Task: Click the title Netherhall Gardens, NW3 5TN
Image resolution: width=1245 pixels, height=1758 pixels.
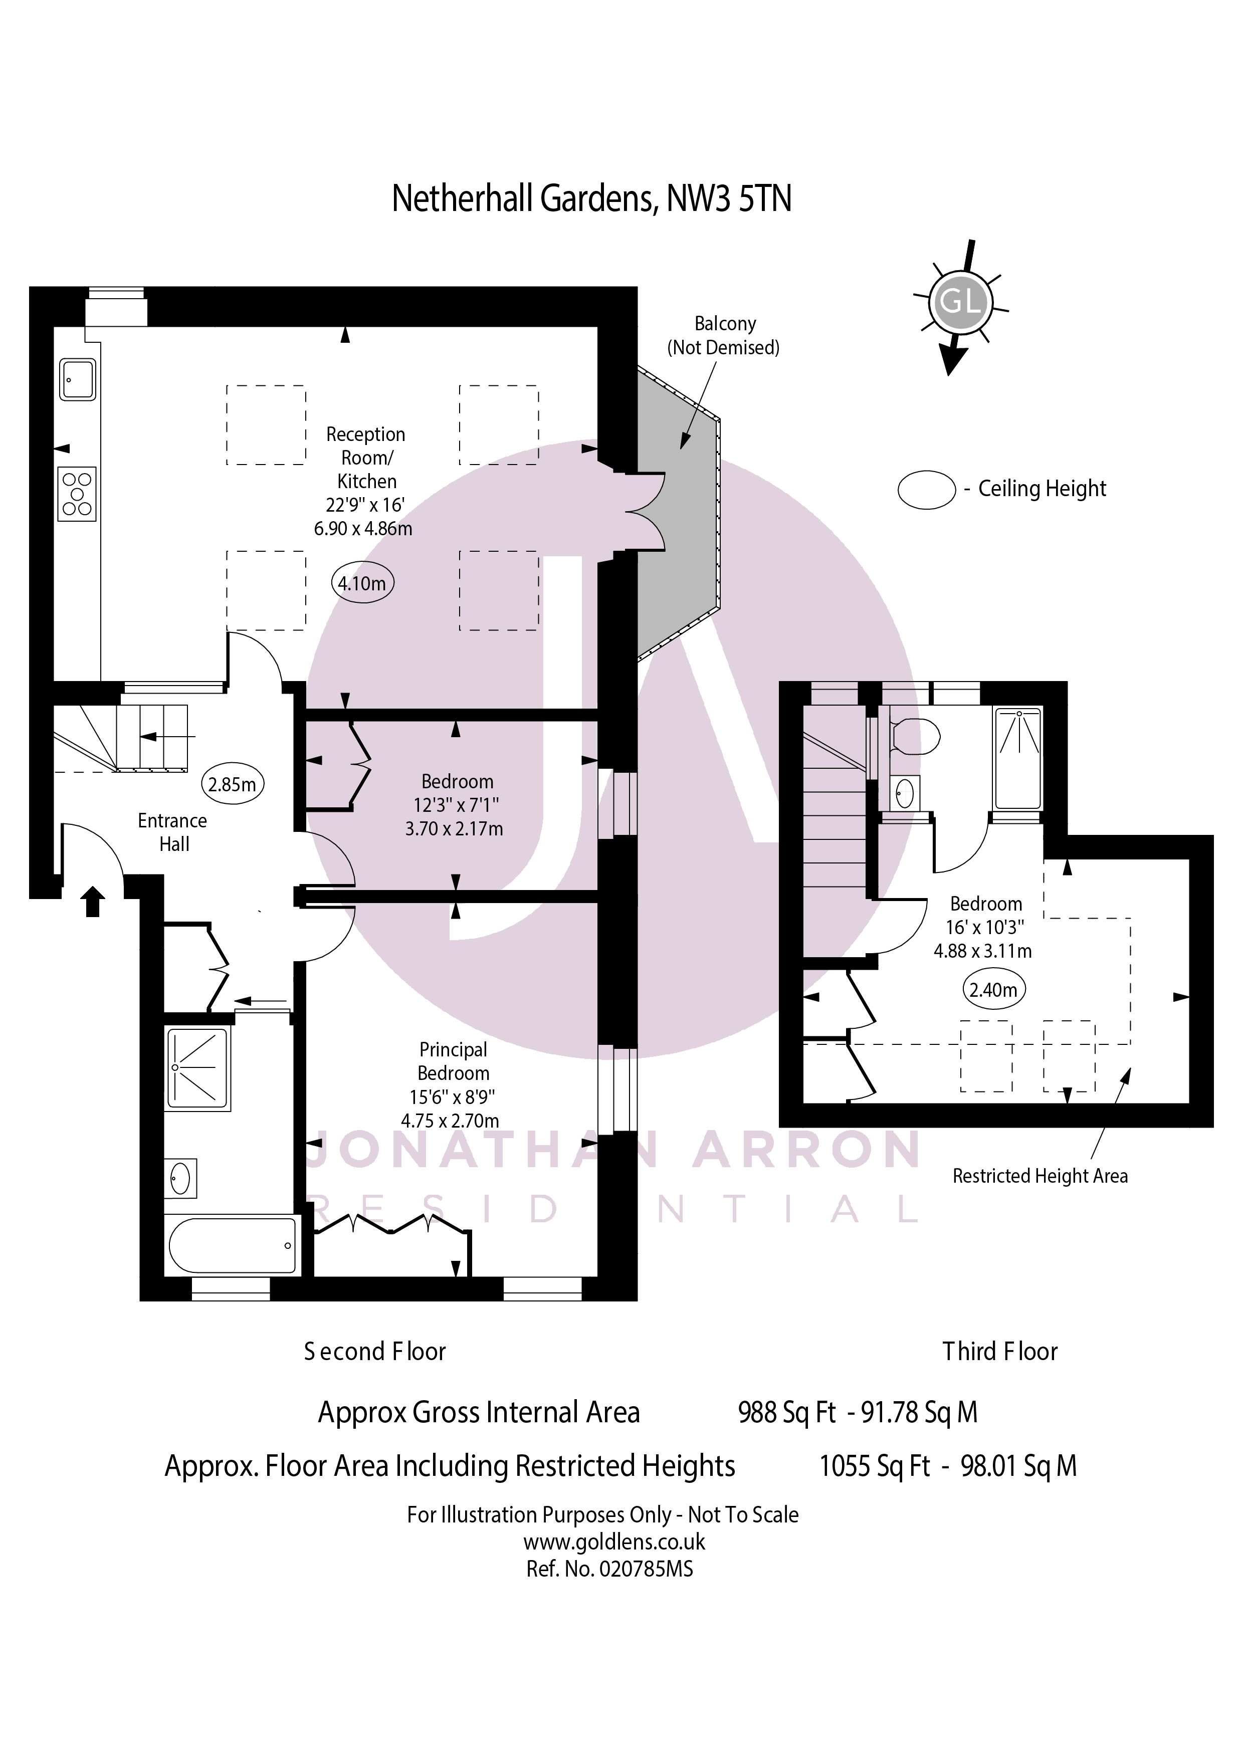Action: pos(591,198)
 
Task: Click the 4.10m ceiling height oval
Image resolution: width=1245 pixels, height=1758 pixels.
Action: pos(362,584)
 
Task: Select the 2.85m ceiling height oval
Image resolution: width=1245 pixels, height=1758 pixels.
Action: pos(232,784)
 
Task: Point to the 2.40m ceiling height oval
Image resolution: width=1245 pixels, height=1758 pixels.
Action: pos(993,989)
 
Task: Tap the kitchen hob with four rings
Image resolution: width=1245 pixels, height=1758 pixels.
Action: pos(77,494)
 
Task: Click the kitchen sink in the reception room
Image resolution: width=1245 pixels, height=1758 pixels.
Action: pos(78,379)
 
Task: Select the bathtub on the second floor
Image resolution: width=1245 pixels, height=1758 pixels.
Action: pos(232,1245)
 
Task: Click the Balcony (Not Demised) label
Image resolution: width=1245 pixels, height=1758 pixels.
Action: pos(724,336)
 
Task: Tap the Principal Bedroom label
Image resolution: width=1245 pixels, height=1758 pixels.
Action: pos(453,1061)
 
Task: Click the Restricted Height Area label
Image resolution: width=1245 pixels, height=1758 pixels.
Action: pos(1040,1176)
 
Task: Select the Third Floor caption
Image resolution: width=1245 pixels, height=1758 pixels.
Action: pos(1000,1351)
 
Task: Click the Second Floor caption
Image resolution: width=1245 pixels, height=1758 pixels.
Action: pos(375,1351)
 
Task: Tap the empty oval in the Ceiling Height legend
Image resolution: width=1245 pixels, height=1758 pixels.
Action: pos(926,489)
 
